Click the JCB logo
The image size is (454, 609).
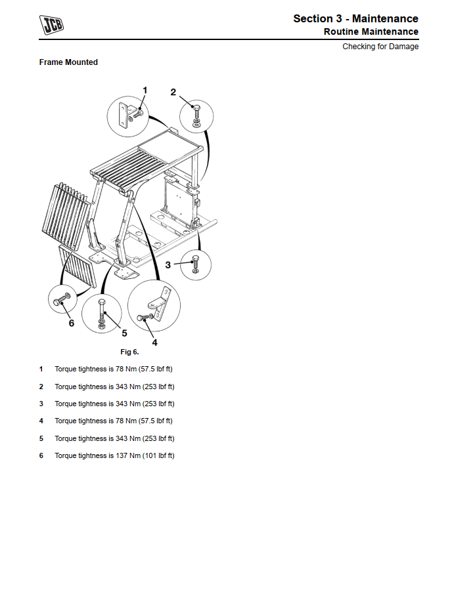coord(51,25)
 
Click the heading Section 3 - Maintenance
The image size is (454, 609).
coord(355,18)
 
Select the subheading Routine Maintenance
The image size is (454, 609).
coord(371,32)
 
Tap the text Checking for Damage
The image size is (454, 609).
coord(380,47)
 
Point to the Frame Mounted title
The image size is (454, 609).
coord(68,62)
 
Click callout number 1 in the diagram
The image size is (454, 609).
coord(145,91)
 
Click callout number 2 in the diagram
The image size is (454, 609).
coord(173,92)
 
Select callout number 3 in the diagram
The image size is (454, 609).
coord(168,265)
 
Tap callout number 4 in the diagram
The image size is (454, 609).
coord(154,343)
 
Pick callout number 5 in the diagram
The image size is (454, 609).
coord(124,333)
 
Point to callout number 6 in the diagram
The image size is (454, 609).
coord(72,323)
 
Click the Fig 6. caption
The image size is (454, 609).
coord(129,352)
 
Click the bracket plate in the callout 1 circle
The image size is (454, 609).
coord(124,115)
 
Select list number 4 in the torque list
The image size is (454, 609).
coord(41,421)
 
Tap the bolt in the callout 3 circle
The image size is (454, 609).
coord(195,262)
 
